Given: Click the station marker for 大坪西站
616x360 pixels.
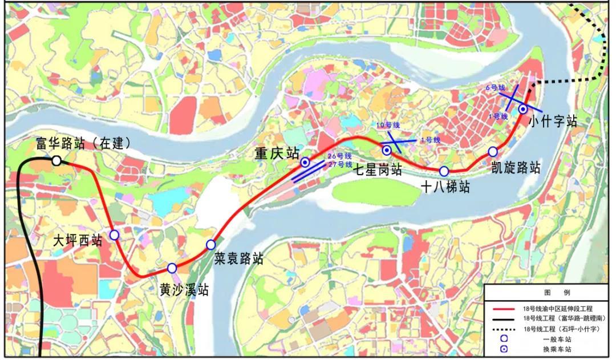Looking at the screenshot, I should click(114, 234).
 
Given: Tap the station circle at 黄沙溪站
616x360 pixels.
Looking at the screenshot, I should click(172, 268).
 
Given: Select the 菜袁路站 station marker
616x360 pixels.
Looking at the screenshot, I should click(211, 244).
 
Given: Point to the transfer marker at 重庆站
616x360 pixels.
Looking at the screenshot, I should click(305, 163).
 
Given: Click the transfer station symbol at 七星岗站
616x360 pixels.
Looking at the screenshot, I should click(387, 150).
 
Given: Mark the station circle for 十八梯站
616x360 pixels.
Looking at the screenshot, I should click(444, 171).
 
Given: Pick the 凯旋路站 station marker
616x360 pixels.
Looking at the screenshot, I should click(493, 151).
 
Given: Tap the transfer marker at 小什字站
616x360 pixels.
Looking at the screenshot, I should click(523, 109).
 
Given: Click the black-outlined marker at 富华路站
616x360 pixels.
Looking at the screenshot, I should click(56, 160).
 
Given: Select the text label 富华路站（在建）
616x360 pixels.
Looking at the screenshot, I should click(83, 143).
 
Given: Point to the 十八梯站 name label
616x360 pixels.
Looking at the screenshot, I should click(445, 187).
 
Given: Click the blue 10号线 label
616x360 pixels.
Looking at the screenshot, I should click(387, 126).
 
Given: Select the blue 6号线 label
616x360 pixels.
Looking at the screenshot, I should click(496, 88).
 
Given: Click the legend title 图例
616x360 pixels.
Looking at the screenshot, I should click(549, 292).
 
